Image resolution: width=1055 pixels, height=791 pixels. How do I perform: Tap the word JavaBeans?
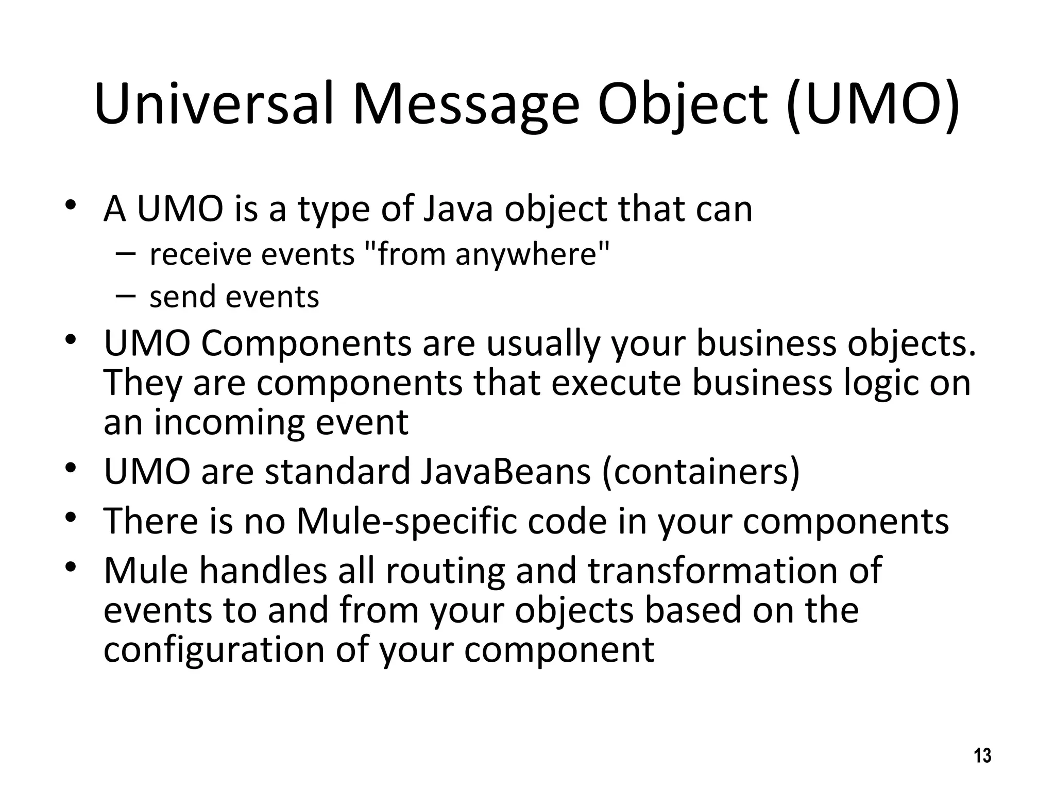point(505,471)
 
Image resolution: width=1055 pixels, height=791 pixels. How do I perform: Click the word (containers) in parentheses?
point(701,471)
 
